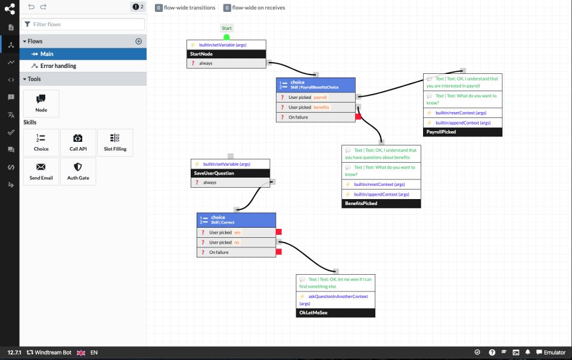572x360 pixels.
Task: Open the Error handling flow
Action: (x=58, y=66)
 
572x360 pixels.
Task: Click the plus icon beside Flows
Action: (x=139, y=41)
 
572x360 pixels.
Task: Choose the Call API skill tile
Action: (x=78, y=143)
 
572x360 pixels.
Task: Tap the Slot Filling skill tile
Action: (x=115, y=143)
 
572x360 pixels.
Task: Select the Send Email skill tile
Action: (x=41, y=172)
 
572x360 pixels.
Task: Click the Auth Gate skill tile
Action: (x=78, y=172)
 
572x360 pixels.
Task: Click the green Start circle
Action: (x=226, y=37)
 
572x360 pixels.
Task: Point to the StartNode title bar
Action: (x=226, y=54)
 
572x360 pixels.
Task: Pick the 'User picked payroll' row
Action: (x=316, y=97)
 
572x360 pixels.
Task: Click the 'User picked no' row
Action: (x=236, y=243)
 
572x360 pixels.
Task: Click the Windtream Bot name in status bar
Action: (x=52, y=353)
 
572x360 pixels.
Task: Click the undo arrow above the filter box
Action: (x=31, y=7)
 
